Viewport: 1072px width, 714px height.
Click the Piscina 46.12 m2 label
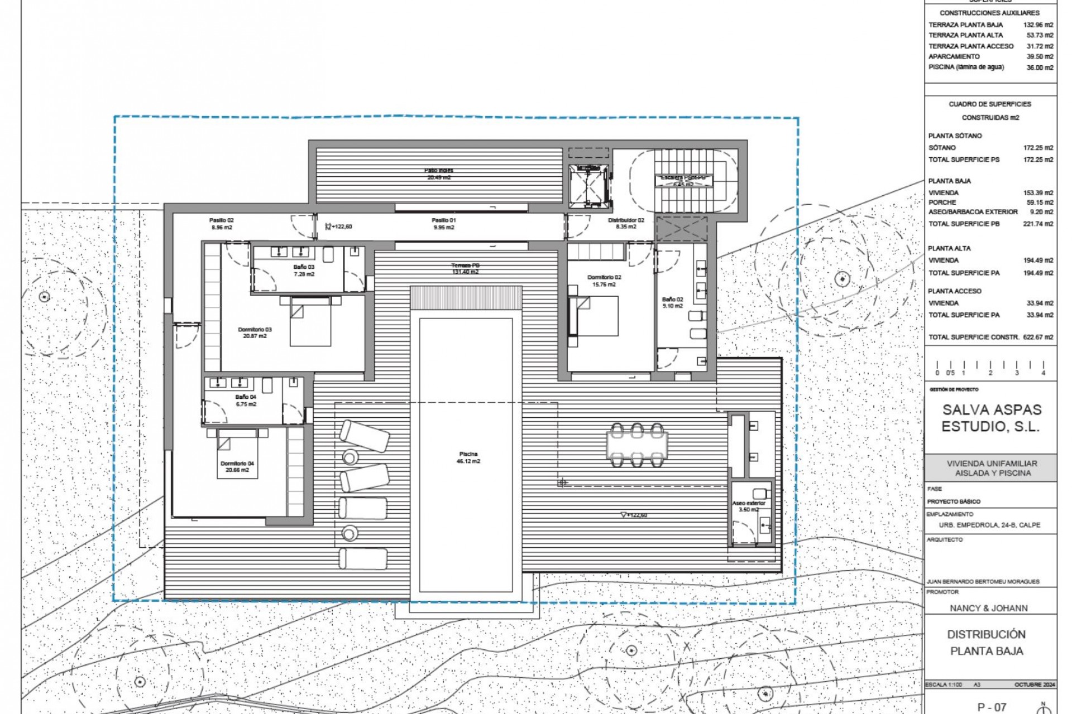click(468, 457)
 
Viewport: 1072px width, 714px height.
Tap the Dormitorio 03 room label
click(255, 332)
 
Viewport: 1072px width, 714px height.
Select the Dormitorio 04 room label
click(237, 466)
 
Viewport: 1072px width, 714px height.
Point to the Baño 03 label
click(304, 271)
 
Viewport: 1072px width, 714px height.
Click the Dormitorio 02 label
click(604, 281)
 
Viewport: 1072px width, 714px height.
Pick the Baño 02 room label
click(672, 302)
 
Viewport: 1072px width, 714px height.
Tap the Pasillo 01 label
click(443, 224)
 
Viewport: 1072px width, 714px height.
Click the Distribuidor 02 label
click(626, 223)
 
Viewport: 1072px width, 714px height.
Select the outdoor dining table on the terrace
click(637, 445)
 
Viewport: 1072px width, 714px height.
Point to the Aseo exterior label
click(748, 506)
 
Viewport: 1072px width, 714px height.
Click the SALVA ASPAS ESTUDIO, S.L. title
click(991, 418)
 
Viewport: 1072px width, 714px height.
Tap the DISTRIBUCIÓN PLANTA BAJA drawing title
click(987, 643)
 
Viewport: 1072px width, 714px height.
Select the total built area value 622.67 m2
click(1038, 337)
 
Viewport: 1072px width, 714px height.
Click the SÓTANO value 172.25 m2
click(1038, 148)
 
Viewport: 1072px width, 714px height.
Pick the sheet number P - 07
click(992, 707)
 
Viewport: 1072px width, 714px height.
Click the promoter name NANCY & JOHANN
click(988, 608)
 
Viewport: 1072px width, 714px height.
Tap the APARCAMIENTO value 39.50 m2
click(1040, 56)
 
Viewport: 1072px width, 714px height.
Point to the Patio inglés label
click(439, 173)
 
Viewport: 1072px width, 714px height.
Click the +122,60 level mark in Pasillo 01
click(341, 226)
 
